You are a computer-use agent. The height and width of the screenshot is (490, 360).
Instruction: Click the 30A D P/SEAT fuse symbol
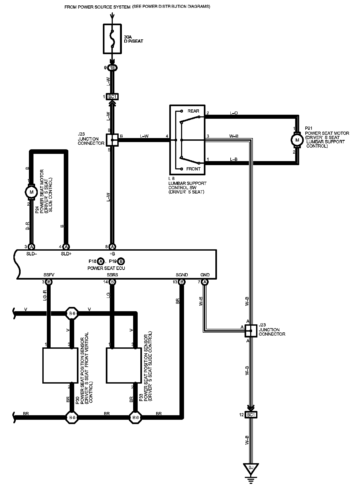coord(112,39)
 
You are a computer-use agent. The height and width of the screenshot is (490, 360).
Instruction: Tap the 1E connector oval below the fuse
coord(112,68)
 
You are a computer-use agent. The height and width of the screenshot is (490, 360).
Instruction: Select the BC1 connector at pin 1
coord(112,96)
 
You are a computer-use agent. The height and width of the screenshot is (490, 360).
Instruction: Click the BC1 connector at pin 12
coord(251,415)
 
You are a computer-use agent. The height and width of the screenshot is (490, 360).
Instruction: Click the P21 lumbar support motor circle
coord(296,140)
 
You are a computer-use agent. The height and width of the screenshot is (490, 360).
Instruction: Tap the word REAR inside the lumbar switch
coord(193,111)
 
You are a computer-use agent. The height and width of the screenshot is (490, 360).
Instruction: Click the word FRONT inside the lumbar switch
coord(193,169)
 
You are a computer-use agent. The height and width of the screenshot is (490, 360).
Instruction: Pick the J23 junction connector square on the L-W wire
coord(112,140)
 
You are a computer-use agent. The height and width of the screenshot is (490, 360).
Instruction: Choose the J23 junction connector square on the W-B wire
coord(251,331)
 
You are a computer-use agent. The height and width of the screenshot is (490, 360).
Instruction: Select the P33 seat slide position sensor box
coord(124,365)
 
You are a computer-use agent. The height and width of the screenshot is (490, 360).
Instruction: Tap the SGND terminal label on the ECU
coord(182,275)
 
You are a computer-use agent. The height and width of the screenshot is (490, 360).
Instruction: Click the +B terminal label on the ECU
coord(112,254)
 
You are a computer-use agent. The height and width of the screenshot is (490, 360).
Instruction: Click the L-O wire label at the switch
coord(234,113)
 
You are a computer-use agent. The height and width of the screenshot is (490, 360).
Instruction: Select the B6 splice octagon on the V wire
coord(72,313)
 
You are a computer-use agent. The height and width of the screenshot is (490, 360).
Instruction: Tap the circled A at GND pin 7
coord(205,282)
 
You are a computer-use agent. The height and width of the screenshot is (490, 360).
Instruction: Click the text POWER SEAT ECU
coord(106,268)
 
